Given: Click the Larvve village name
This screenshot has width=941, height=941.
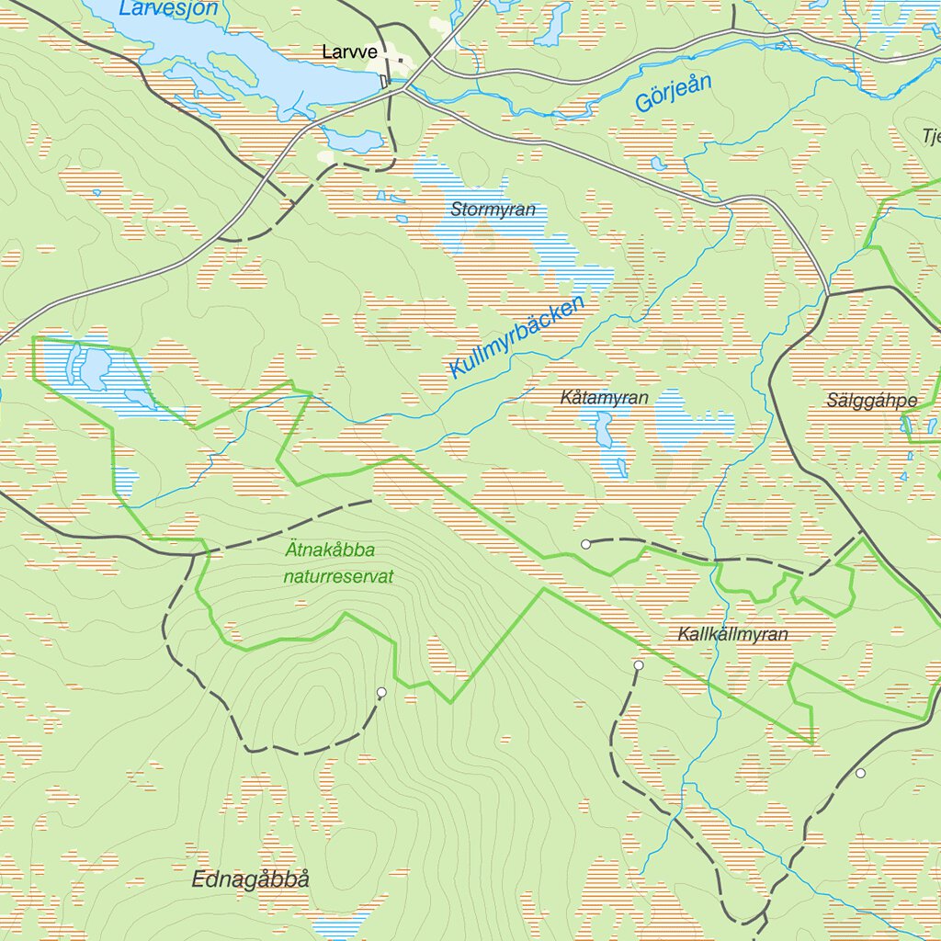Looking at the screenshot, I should click(349, 52).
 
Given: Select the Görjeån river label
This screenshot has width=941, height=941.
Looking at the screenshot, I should click(673, 94).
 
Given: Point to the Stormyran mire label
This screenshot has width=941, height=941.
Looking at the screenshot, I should click(493, 210).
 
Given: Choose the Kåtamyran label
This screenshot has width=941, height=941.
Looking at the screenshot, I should click(604, 398).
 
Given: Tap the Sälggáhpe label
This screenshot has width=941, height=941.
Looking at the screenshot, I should click(871, 401).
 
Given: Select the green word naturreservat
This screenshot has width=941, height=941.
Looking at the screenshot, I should click(337, 577).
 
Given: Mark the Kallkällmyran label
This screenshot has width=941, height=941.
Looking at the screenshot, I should click(732, 634).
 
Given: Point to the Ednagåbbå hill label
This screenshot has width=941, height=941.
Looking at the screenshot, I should click(250, 879).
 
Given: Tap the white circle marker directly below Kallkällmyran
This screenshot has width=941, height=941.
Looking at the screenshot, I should click(638, 664).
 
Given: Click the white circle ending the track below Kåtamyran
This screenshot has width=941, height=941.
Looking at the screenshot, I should click(585, 544).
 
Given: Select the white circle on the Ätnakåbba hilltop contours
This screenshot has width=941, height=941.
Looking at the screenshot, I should click(381, 692).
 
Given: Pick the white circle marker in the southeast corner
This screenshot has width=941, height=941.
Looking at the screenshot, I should click(860, 773).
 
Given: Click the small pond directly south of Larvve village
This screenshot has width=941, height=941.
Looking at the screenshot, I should click(353, 140).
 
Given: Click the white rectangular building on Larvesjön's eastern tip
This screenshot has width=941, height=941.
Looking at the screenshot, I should click(384, 82).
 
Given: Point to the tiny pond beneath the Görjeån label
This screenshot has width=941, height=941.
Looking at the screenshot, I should click(658, 164).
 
